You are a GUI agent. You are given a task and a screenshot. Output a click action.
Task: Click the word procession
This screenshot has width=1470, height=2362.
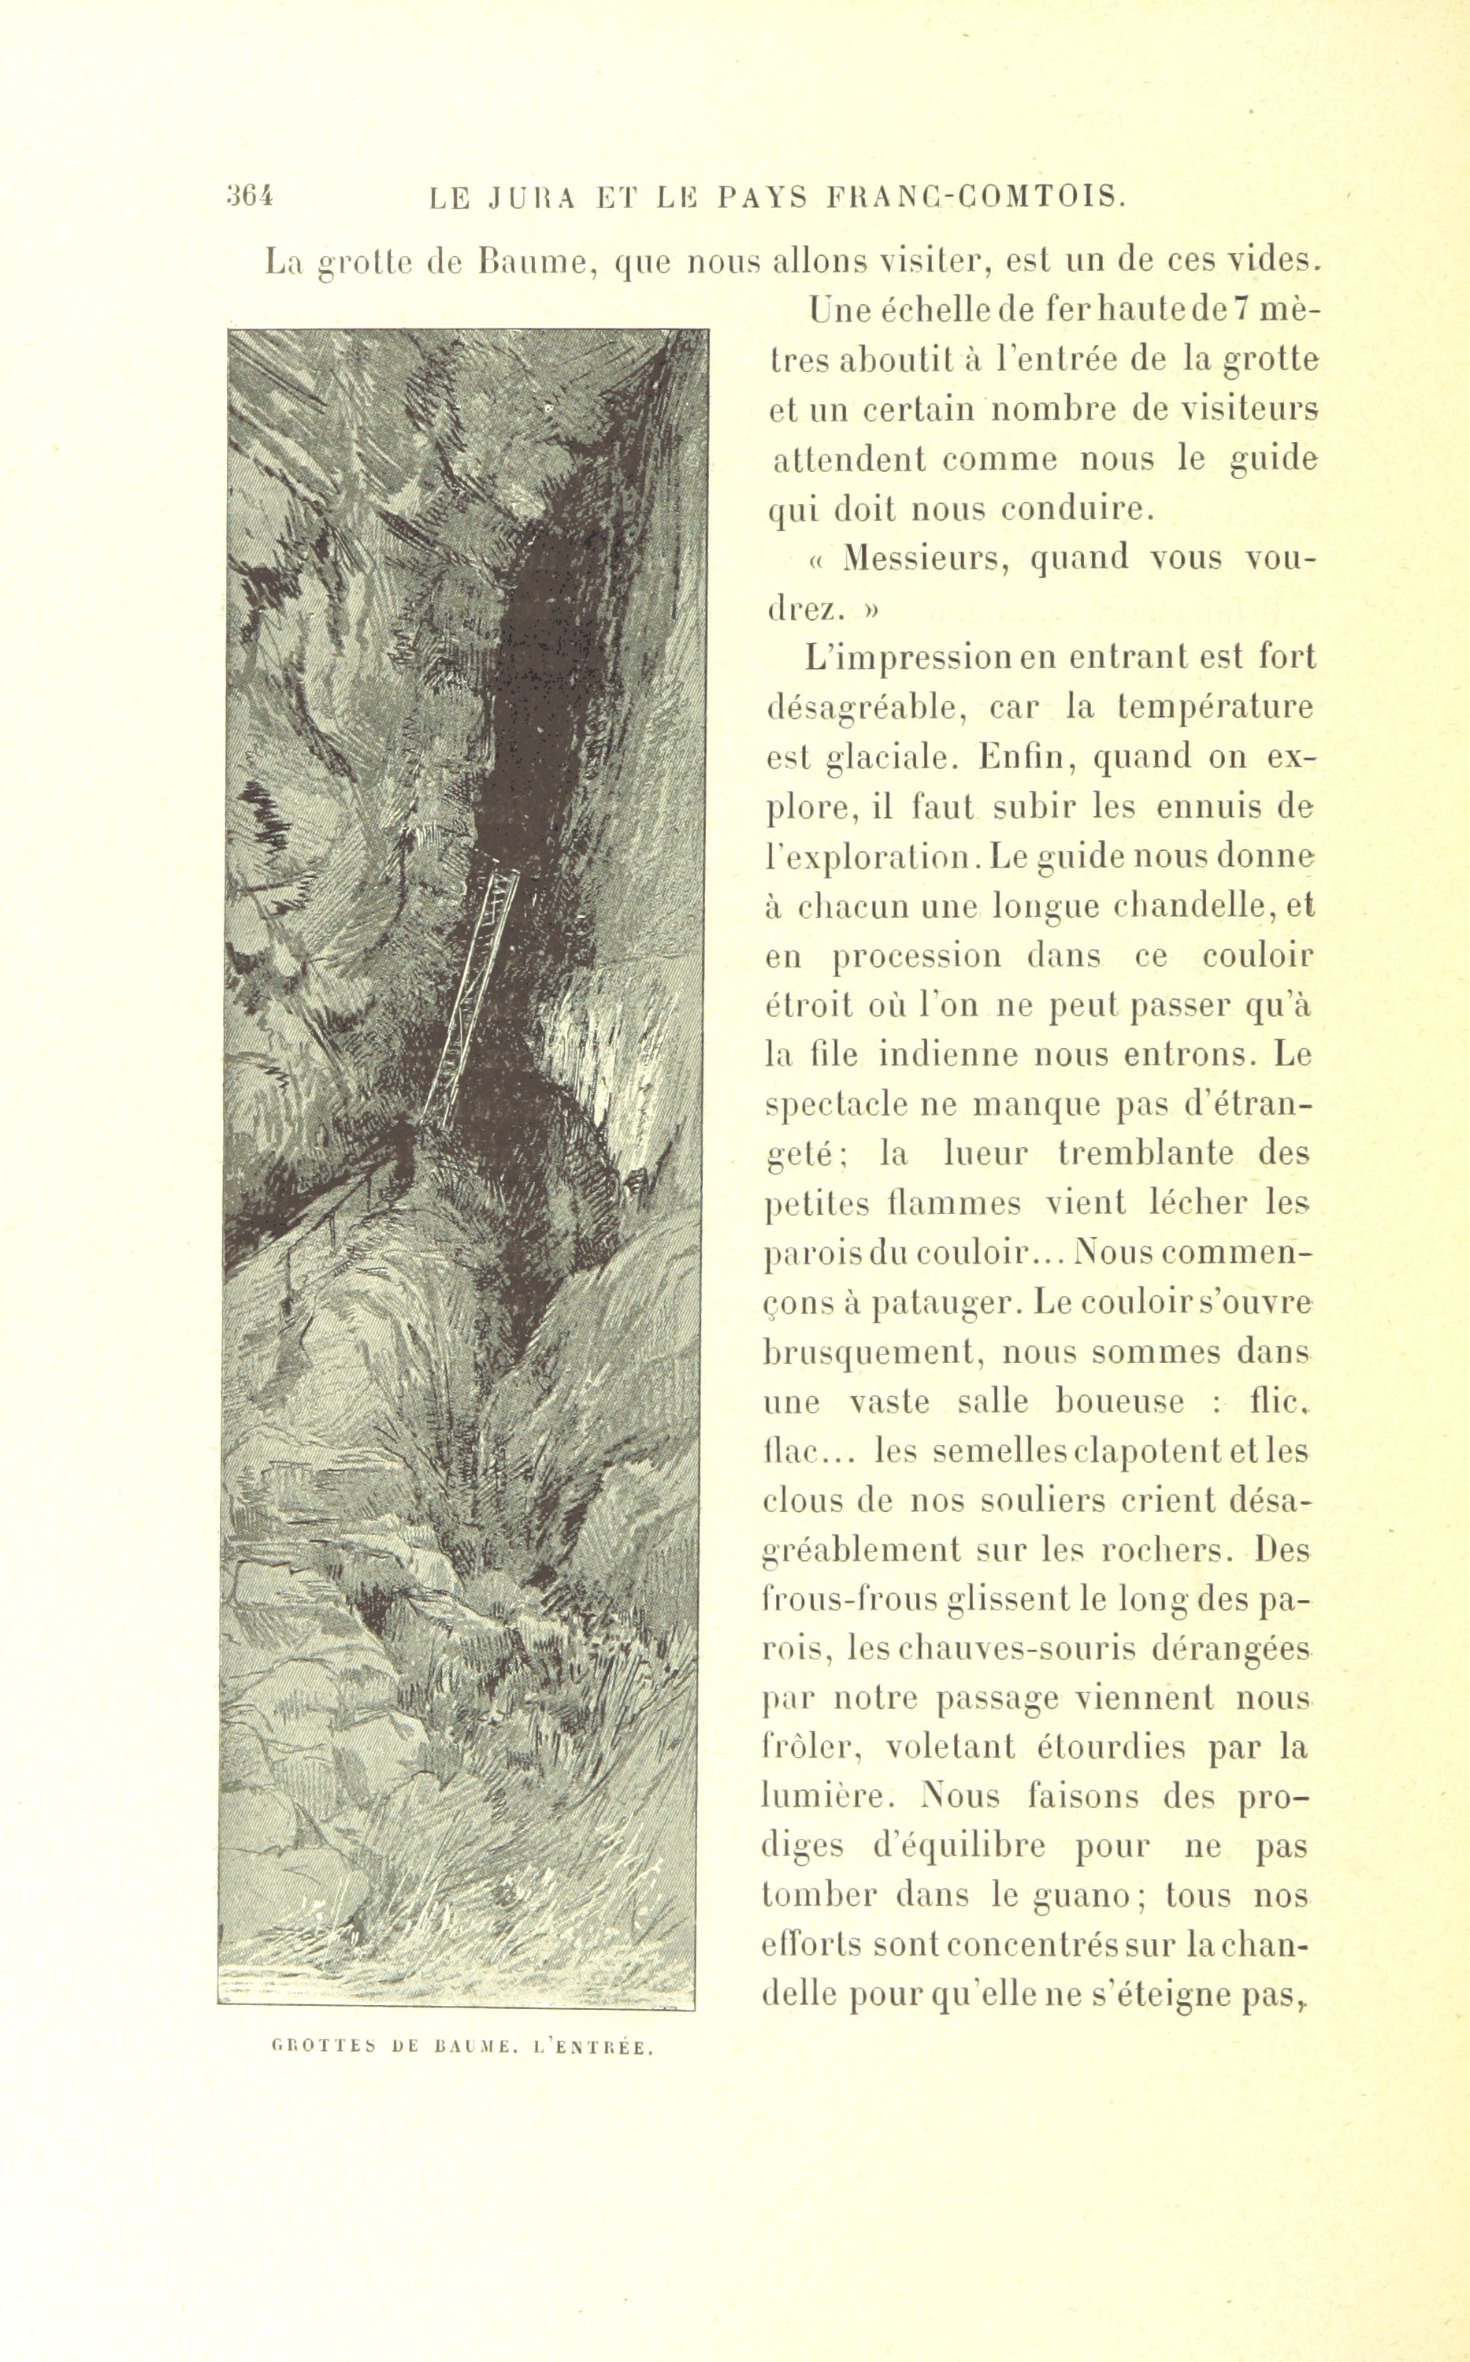point(917,956)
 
